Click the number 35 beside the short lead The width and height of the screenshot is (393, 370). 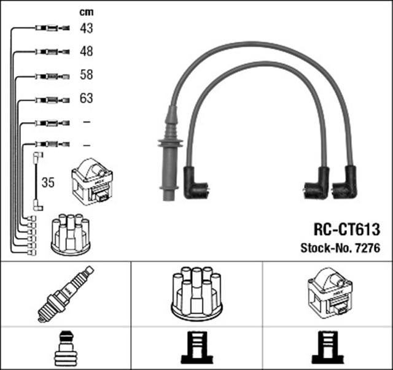[x=48, y=182]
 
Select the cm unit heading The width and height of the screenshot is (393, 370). [x=86, y=12]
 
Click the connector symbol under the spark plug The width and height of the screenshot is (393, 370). [x=65, y=349]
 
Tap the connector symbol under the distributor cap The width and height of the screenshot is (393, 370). [x=196, y=349]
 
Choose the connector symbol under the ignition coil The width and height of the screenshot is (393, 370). [x=327, y=349]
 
